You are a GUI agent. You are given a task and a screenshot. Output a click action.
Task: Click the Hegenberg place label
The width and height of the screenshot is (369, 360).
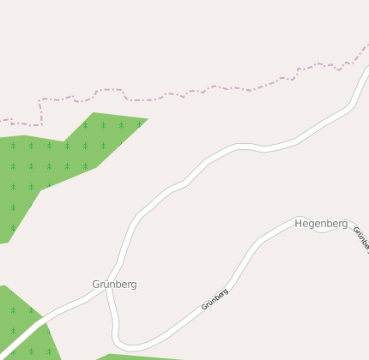(x=321, y=224)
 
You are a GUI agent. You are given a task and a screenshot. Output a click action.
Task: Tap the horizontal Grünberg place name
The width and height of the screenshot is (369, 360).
(x=114, y=284)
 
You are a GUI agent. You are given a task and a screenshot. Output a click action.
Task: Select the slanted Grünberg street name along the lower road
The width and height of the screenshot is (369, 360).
(x=215, y=299)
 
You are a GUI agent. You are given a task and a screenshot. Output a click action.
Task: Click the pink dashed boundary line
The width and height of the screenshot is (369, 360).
(x=215, y=87)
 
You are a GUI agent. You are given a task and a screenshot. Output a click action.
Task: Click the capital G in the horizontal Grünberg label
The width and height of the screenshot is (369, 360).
(x=96, y=284)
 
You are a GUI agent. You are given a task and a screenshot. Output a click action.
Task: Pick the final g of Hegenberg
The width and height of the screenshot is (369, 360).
(x=344, y=225)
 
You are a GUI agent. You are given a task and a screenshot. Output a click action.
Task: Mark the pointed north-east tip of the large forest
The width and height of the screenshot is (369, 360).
(x=147, y=119)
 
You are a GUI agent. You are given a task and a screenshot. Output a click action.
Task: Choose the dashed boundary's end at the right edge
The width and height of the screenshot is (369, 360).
(x=366, y=45)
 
